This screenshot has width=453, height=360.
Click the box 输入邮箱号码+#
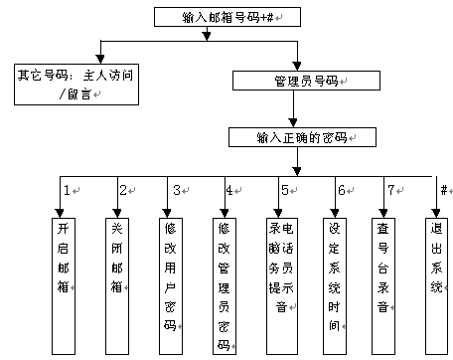pyautogui.click(x=227, y=17)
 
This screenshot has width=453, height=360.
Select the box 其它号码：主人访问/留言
pyautogui.click(x=76, y=85)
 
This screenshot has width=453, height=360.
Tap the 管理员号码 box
pyautogui.click(x=306, y=81)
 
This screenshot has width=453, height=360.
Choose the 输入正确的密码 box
pyautogui.click(x=302, y=137)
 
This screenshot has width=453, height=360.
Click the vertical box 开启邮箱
pyautogui.click(x=64, y=286)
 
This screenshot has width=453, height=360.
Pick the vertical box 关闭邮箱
pyautogui.click(x=117, y=286)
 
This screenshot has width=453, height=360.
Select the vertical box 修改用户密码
pyautogui.click(x=171, y=286)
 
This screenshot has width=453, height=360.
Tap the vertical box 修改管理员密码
pyautogui.click(x=225, y=286)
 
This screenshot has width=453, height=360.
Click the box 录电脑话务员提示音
pyautogui.click(x=282, y=286)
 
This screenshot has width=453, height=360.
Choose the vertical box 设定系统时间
pyautogui.click(x=335, y=286)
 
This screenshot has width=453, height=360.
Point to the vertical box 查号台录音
pyautogui.click(x=383, y=286)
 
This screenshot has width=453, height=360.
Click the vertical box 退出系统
pyautogui.click(x=437, y=286)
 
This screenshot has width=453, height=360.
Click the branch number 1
pyautogui.click(x=68, y=190)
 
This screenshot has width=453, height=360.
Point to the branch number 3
pyautogui.click(x=177, y=190)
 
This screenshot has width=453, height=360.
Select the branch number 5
pyautogui.click(x=285, y=190)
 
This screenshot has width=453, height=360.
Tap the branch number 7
pyautogui.click(x=391, y=190)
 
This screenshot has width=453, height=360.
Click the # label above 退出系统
pyautogui.click(x=444, y=190)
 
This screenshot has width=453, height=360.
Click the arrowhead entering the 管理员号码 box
pyautogui.click(x=297, y=67)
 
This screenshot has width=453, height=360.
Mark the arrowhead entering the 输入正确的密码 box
pyautogui.click(x=293, y=123)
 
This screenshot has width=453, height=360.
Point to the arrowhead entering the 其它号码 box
pyautogui.click(x=100, y=60)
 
